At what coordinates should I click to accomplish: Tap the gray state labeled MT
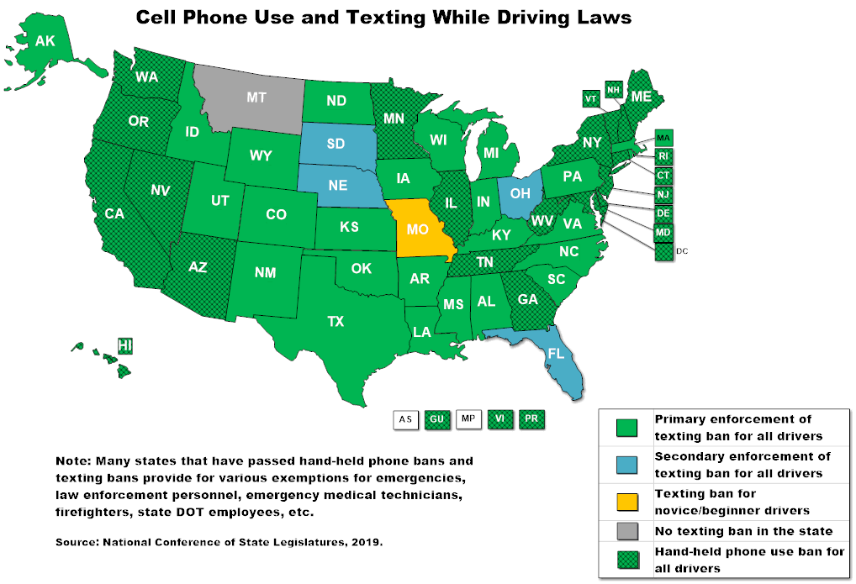coord(256,98)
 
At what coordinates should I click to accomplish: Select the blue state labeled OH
coord(520,194)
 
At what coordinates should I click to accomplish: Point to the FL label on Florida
coord(556,354)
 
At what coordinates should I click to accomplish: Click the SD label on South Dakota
coord(336,144)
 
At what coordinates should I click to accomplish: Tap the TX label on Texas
coord(336,321)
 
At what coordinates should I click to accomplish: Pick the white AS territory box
coord(405,418)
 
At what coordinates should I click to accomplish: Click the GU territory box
coord(436,418)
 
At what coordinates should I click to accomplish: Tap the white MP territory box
coord(468,418)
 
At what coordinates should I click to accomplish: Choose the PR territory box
coord(531,418)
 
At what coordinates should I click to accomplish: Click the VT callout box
coord(591,98)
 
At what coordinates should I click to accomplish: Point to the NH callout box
coord(614,90)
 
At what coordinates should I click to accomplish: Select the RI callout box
coord(663,156)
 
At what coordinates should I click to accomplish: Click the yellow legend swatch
coord(626,502)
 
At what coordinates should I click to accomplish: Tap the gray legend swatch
coord(626,530)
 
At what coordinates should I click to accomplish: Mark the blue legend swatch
coord(626,465)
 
